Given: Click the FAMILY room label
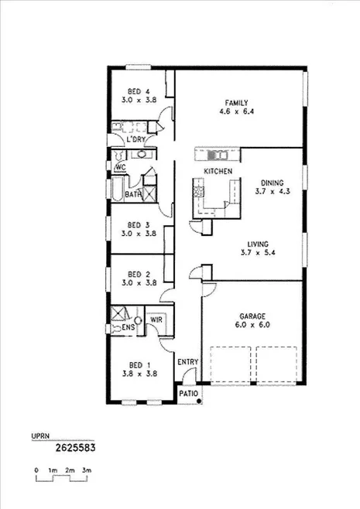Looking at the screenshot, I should point(236,103).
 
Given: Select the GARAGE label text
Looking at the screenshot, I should point(252,316).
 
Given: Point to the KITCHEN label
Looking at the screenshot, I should point(218,171).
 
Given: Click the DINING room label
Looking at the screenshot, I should point(273,183).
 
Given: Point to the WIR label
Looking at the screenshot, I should point(156,319).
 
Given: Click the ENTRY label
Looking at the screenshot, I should point(187,362).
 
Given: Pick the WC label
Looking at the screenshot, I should point(120,166).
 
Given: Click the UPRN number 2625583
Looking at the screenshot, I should point(75,446).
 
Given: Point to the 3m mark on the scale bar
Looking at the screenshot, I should point(87,470).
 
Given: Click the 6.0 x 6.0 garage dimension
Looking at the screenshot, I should point(252,326).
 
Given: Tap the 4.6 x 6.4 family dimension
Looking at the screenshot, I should point(236,112).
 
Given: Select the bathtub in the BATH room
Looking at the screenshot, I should point(114,190).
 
